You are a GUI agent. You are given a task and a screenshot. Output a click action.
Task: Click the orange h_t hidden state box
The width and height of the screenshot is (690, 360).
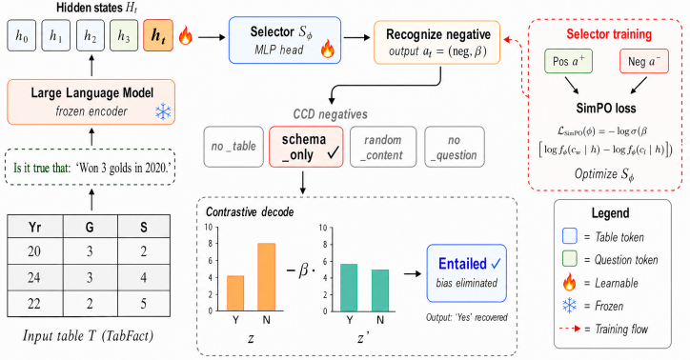pyautogui.click(x=158, y=35)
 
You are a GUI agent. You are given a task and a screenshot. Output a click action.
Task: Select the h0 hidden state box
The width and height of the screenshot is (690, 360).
pyautogui.click(x=22, y=35)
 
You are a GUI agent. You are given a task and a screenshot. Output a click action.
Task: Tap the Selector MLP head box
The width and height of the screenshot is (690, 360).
pyautogui.click(x=285, y=40)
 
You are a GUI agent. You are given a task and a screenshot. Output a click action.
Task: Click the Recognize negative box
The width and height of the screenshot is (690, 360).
pyautogui.click(x=437, y=42)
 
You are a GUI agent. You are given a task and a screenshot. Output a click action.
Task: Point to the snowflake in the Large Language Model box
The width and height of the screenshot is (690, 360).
pyautogui.click(x=163, y=112)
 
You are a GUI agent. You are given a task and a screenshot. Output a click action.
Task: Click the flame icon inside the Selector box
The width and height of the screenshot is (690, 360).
pyautogui.click(x=328, y=49)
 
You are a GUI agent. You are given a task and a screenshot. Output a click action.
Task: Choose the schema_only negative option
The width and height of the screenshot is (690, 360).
pyautogui.click(x=306, y=147)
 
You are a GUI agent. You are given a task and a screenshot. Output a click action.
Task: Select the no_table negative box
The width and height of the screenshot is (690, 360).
pyautogui.click(x=233, y=147)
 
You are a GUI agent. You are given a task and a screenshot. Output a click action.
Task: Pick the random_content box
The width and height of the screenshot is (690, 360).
pyautogui.click(x=383, y=147)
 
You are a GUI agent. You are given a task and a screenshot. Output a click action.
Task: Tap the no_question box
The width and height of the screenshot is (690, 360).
pyautogui.click(x=455, y=147)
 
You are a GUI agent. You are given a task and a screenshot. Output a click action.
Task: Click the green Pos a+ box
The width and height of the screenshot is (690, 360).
pyautogui.click(x=569, y=61)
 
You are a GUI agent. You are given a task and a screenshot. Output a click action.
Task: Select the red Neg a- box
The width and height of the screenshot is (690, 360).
pyautogui.click(x=644, y=61)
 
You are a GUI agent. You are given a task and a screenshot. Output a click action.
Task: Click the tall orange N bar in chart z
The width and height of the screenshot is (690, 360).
pyautogui.click(x=266, y=277)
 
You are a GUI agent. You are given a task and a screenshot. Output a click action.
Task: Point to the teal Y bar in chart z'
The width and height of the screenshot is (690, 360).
pyautogui.click(x=349, y=288)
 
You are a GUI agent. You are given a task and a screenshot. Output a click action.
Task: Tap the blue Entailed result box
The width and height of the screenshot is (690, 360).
pyautogui.click(x=466, y=273)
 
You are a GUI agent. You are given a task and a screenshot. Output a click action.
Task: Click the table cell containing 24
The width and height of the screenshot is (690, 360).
pyautogui.click(x=35, y=277)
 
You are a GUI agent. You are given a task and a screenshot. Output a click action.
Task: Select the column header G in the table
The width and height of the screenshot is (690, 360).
pyautogui.click(x=91, y=227)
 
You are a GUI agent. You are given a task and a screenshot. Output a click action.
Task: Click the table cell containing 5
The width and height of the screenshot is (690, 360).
pyautogui.click(x=144, y=304)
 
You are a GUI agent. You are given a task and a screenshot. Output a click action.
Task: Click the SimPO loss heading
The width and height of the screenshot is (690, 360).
pyautogui.click(x=606, y=109)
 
